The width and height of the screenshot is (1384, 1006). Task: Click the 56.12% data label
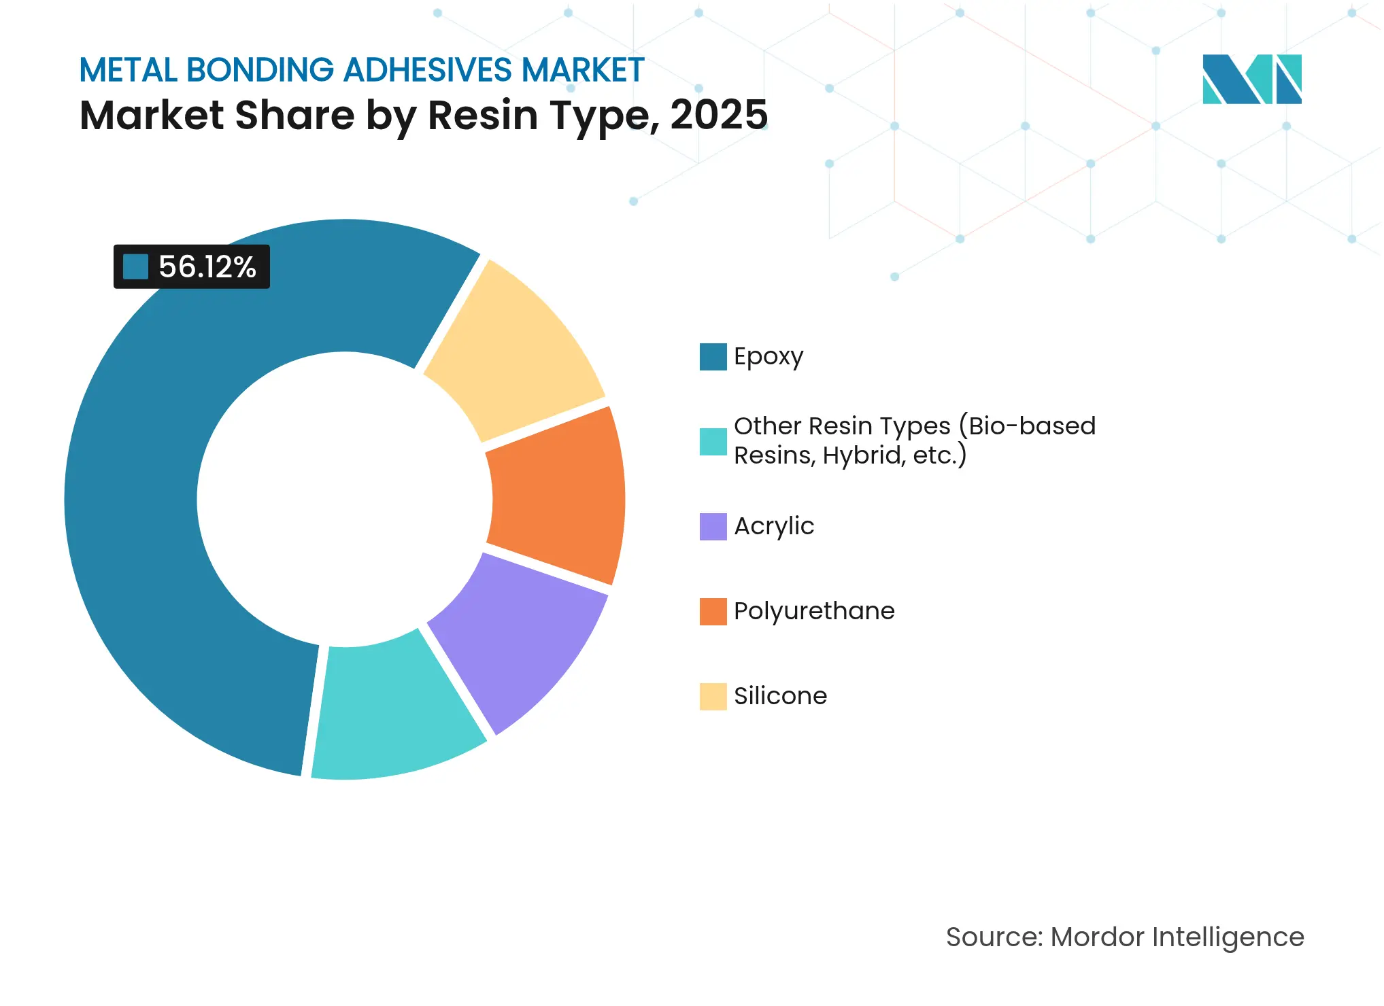click(207, 266)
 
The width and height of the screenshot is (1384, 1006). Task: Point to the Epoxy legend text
click(769, 356)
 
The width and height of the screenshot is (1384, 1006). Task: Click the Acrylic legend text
click(774, 526)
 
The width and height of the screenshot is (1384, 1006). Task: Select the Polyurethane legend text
click(814, 611)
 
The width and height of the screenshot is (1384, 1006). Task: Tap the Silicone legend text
click(780, 696)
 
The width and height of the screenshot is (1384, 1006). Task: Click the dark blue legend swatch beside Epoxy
click(713, 357)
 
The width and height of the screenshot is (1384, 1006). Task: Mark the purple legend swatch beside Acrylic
click(713, 527)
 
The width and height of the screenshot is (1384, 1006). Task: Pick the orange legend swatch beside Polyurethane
click(713, 612)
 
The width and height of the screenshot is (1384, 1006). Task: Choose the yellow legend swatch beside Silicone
click(713, 697)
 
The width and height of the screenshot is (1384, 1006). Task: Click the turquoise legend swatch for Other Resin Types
click(713, 442)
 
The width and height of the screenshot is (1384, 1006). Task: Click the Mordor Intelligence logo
click(1251, 79)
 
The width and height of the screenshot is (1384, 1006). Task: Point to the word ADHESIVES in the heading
click(428, 70)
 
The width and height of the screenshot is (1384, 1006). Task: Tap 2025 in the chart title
click(719, 115)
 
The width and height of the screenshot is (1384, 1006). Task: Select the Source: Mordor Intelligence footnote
click(1125, 937)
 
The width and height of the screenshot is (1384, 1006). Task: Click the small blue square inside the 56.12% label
click(135, 266)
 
